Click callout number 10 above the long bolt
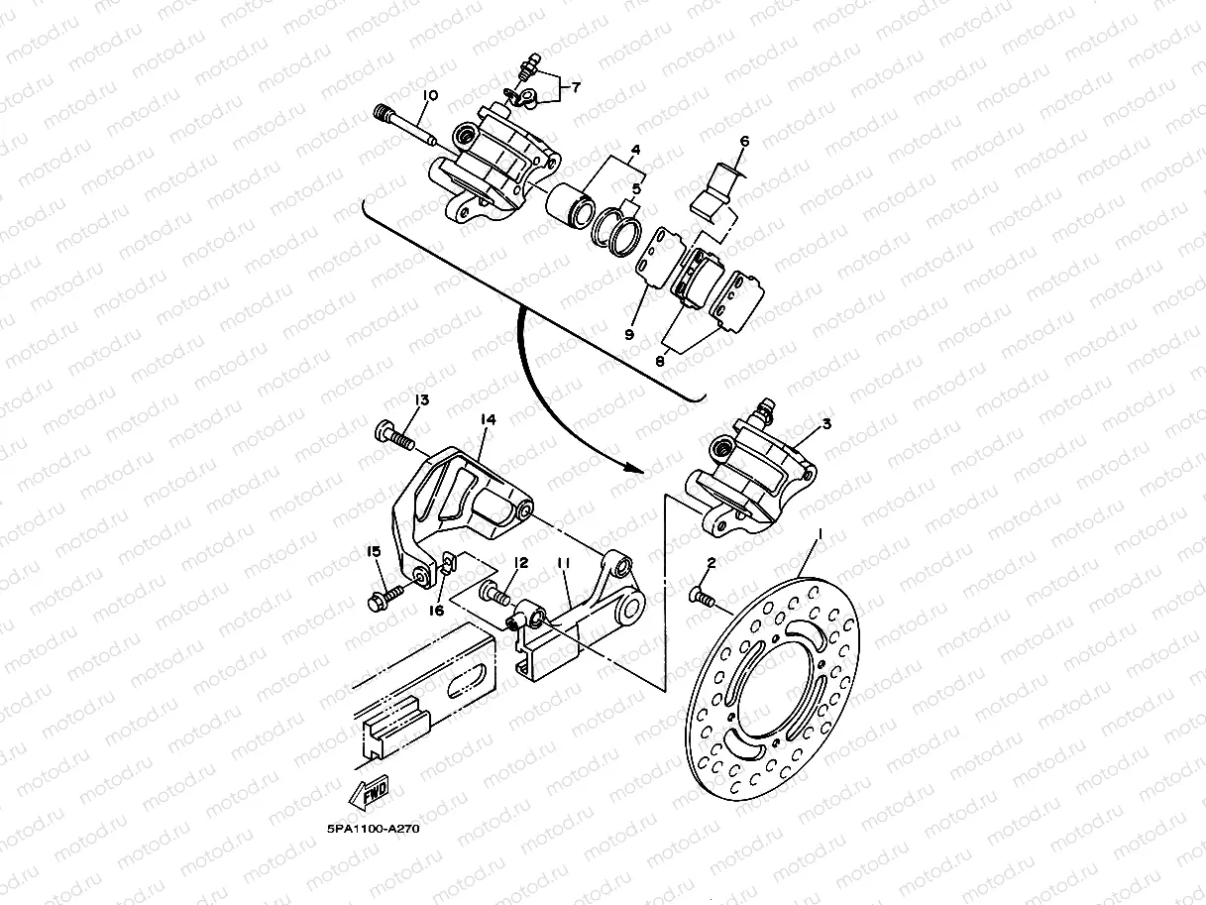pos(429,96)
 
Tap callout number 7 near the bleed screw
pos(576,87)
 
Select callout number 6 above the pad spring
pos(744,142)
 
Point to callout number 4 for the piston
pos(635,150)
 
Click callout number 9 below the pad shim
pos(628,335)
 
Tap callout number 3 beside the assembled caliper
pos(826,424)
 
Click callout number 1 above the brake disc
pos(820,534)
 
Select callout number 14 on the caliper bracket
pos(487,420)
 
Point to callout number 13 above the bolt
pos(422,400)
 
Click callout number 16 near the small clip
pos(436,612)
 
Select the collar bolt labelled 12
pos(495,595)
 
